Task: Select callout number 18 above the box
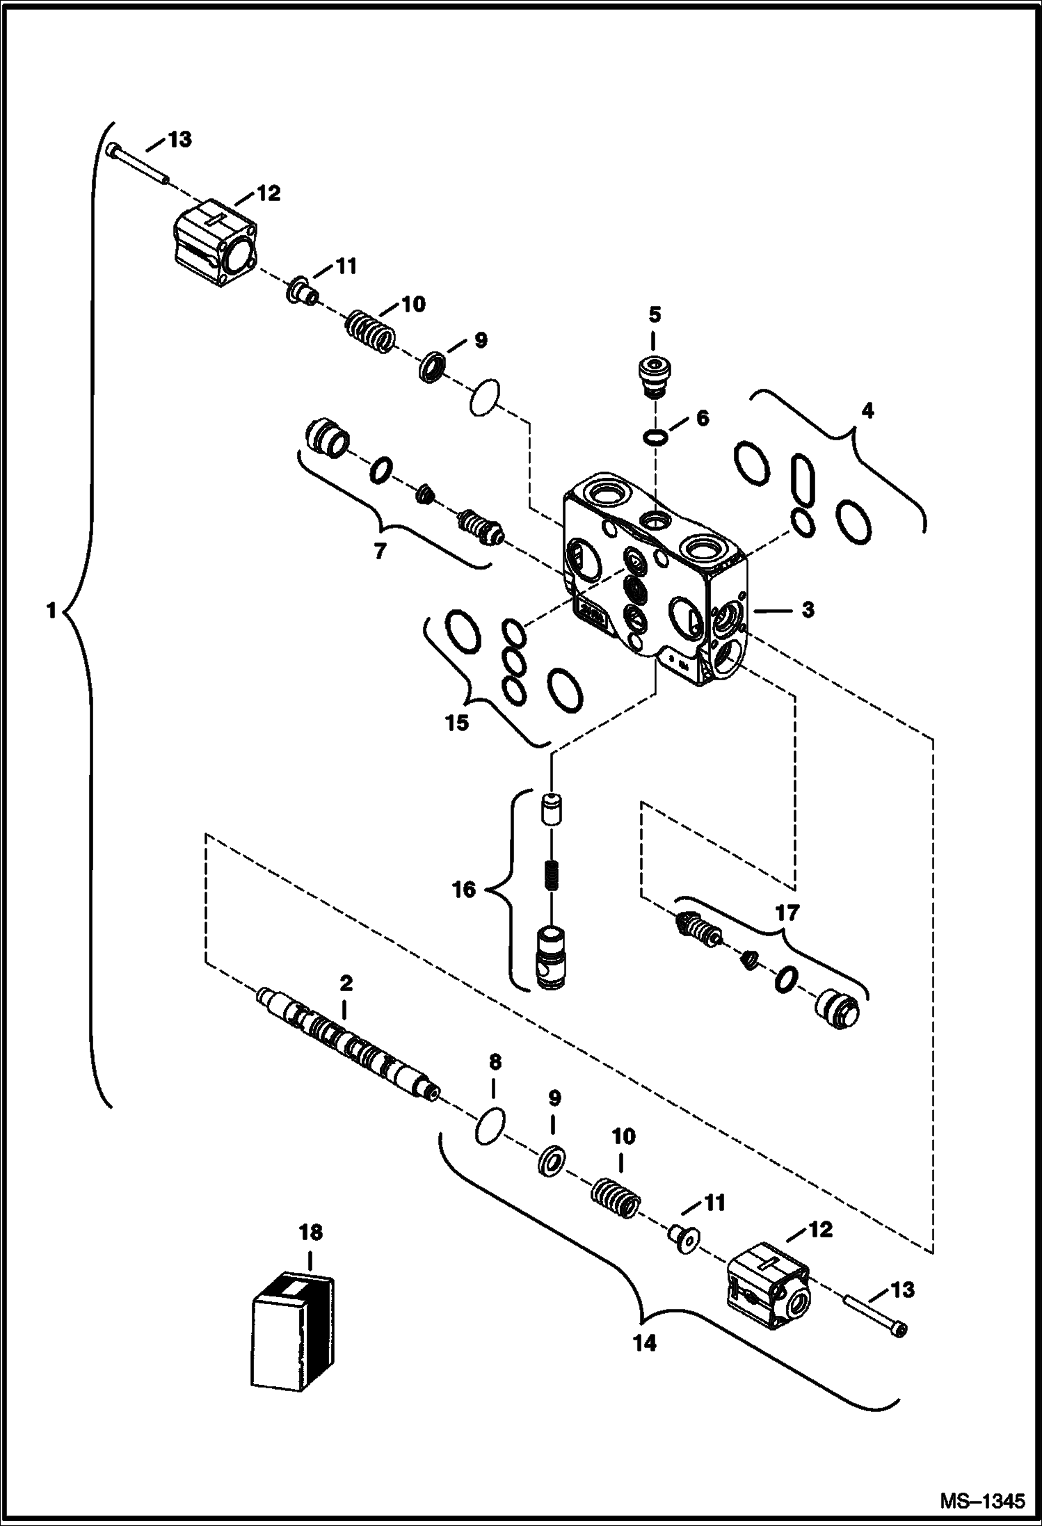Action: click(x=311, y=1233)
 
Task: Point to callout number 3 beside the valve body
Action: click(x=807, y=610)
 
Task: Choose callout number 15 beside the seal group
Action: click(x=457, y=723)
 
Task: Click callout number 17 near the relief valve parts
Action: click(x=787, y=912)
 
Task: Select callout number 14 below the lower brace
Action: click(x=645, y=1343)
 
